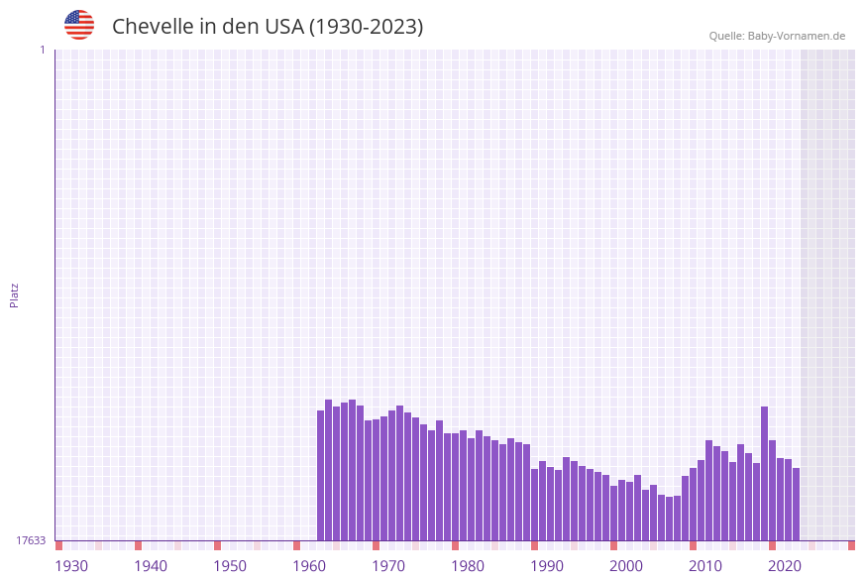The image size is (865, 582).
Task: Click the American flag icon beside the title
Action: [x=79, y=25]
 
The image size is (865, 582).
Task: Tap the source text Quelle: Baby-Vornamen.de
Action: [x=777, y=36]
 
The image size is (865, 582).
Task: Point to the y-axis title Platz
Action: [x=15, y=294]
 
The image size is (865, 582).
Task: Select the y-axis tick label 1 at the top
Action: [x=42, y=50]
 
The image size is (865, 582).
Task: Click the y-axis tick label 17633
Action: [x=31, y=540]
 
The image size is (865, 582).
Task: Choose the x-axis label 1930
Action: [x=71, y=566]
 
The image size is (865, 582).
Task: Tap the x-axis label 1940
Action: [x=151, y=566]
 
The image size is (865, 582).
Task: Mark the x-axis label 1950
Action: [x=230, y=566]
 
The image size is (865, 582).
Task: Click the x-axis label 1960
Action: [x=309, y=566]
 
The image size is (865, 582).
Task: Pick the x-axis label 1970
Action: [x=388, y=566]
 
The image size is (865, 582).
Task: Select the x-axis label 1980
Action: [x=468, y=566]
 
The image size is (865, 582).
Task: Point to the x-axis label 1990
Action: [x=547, y=566]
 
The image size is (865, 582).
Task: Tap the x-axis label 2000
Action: [x=626, y=566]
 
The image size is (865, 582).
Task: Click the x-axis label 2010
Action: [x=705, y=566]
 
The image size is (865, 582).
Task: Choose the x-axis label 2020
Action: [x=785, y=566]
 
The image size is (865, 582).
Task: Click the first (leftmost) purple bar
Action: [x=321, y=476]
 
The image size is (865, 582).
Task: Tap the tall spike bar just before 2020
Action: [x=764, y=473]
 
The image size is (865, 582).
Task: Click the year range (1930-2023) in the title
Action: [x=366, y=27]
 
